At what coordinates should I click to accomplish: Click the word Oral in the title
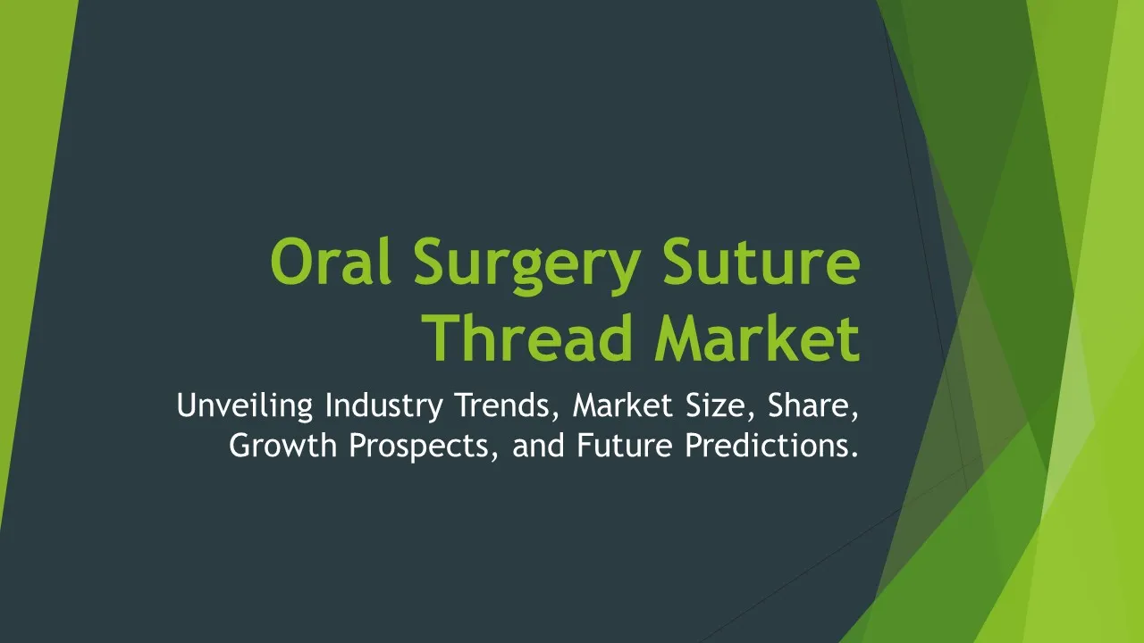click(331, 262)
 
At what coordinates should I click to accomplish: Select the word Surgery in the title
click(527, 266)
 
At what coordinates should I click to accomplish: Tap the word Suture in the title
click(761, 262)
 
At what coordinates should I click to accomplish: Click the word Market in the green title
click(757, 338)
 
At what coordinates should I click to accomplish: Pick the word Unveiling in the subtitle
click(245, 406)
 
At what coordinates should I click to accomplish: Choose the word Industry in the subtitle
click(384, 406)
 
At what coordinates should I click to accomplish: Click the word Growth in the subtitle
click(283, 446)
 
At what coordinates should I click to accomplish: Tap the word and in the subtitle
click(538, 446)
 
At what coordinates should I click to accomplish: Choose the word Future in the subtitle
click(625, 446)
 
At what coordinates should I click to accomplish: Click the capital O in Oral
click(291, 262)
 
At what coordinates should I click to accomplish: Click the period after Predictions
click(854, 455)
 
